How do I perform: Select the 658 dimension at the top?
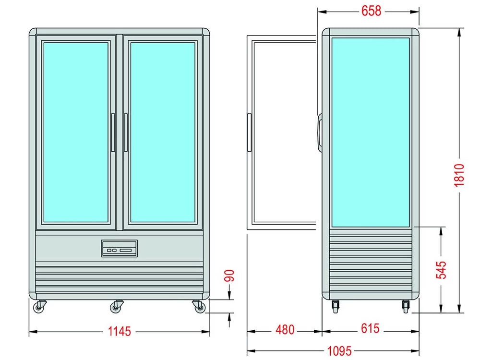(x=371, y=11)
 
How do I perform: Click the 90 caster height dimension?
(x=230, y=276)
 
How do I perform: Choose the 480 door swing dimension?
(x=285, y=330)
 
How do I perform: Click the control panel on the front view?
(x=119, y=249)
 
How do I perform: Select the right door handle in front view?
(x=125, y=133)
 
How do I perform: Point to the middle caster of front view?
(x=117, y=306)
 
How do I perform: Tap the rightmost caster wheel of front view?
(x=197, y=305)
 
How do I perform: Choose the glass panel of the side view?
(x=370, y=132)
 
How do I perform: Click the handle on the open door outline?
(x=249, y=132)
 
